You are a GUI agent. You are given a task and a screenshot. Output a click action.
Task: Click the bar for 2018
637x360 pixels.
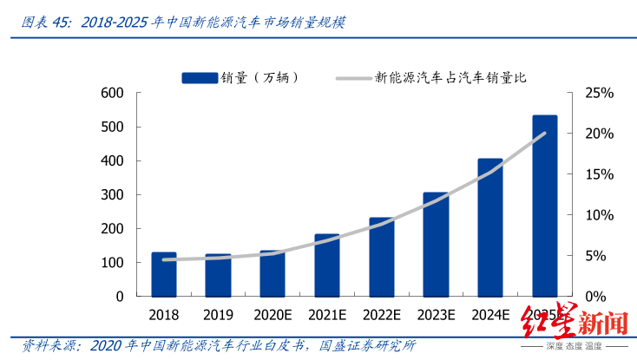click(163, 274)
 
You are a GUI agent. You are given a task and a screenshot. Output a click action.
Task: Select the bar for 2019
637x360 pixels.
click(218, 275)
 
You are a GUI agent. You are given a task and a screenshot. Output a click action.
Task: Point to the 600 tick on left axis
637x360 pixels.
click(113, 93)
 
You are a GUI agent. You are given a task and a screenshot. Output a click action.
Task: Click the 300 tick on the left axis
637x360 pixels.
click(113, 194)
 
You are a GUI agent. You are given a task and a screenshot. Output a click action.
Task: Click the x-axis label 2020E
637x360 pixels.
click(273, 313)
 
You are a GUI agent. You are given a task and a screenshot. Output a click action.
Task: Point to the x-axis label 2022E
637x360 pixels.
click(382, 313)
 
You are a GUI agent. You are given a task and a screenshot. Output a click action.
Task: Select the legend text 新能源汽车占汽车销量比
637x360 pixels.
click(450, 78)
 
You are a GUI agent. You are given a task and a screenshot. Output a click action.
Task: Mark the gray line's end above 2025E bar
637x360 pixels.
click(545, 133)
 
